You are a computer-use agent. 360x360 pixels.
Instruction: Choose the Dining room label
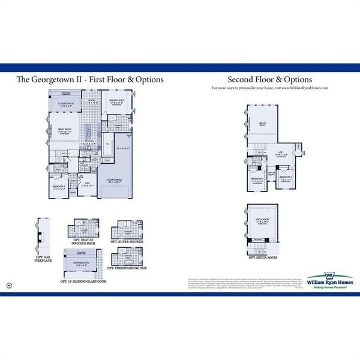[x=92, y=101]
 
